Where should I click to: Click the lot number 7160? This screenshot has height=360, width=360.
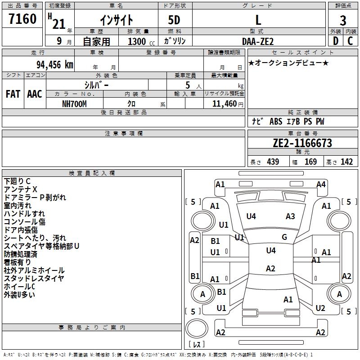22,19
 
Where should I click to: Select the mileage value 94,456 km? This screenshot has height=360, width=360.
55,65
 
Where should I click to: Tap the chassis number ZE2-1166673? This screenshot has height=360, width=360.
302,143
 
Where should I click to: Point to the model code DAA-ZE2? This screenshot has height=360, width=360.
258,41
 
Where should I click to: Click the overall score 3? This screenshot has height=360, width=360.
343,21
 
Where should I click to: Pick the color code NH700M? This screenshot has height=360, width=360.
74,104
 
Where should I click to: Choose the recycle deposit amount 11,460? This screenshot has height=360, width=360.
224,104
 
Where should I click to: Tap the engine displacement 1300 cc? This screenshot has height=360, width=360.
141,42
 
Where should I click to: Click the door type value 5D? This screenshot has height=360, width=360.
174,20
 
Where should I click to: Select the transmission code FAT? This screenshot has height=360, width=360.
13,94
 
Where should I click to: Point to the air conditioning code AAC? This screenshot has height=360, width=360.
35,94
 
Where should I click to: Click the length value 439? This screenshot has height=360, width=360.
273,162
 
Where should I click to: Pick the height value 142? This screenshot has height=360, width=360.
346,162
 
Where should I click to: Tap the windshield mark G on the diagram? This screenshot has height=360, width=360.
284,237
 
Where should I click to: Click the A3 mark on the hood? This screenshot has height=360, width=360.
290,216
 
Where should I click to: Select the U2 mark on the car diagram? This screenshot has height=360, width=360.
320,308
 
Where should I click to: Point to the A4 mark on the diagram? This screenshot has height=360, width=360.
321,184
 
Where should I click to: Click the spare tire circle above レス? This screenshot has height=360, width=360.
197,328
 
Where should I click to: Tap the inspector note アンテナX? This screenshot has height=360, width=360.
20,189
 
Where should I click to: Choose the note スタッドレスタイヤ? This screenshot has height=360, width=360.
34,279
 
